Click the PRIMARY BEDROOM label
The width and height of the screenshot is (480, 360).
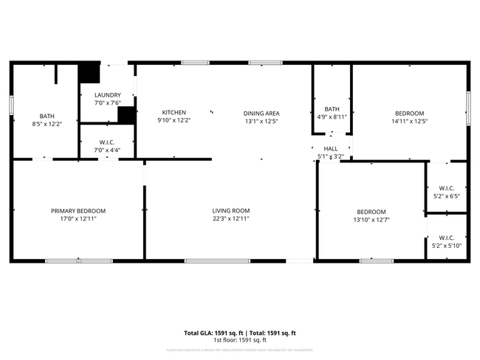[x=78, y=211]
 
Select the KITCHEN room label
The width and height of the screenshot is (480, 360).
[x=174, y=113]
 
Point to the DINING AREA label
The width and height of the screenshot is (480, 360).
[x=261, y=113]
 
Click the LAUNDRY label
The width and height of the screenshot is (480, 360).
[x=107, y=95]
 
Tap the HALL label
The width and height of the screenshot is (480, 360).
[x=330, y=148]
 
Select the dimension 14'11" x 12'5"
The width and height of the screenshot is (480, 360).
[x=409, y=121]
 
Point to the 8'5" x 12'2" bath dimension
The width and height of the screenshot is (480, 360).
[x=47, y=124]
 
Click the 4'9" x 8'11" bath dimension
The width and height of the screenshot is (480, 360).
[x=332, y=117]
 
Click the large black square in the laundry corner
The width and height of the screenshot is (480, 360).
[x=89, y=73]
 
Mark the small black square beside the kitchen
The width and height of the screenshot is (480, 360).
[x=126, y=116]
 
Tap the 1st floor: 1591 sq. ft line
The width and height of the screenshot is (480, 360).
[x=239, y=340]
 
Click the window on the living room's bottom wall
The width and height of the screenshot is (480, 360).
[x=206, y=260]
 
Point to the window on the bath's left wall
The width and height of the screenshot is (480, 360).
[x=11, y=104]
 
